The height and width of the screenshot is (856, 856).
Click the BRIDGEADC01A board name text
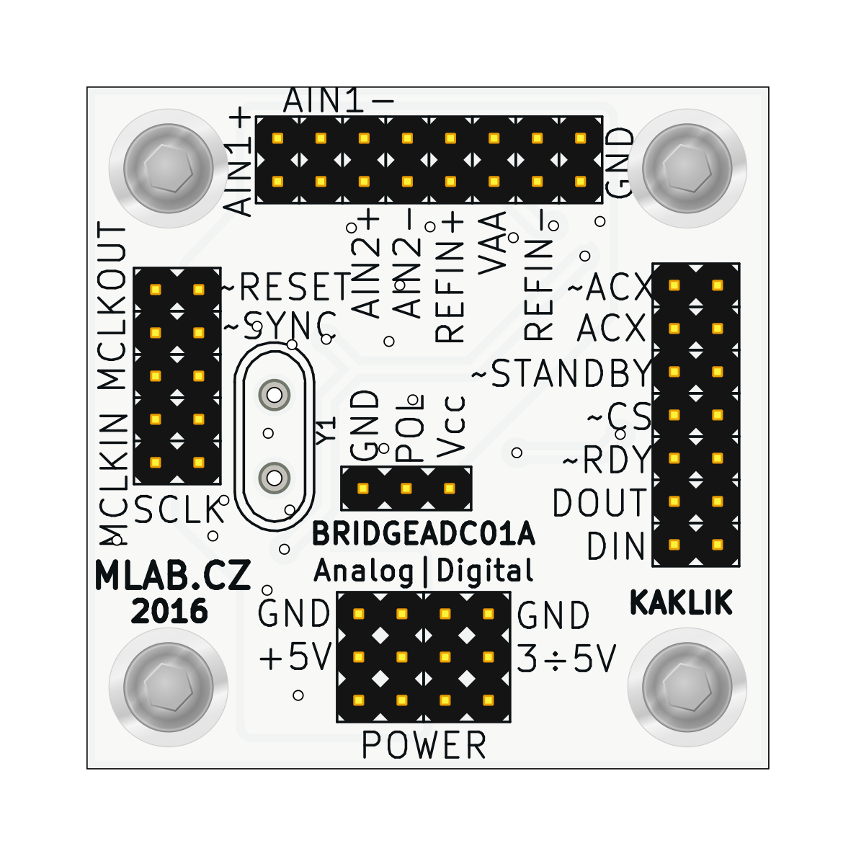tap(423, 535)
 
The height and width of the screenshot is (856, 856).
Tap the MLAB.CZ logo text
tap(173, 576)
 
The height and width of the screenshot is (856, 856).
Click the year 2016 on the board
tap(169, 612)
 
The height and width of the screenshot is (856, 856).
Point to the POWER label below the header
tap(424, 746)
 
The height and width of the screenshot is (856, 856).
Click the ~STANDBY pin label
tap(561, 374)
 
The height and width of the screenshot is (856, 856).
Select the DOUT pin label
tap(599, 503)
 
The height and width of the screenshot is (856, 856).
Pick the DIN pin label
tap(615, 547)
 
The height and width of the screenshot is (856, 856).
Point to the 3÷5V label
tap(567, 658)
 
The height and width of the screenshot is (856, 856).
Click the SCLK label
tap(178, 511)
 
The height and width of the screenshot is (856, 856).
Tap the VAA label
tap(494, 243)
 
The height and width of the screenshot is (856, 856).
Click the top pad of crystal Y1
tap(275, 394)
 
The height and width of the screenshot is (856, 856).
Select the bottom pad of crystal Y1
tap(275, 478)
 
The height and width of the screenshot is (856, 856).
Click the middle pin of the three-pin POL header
tap(406, 489)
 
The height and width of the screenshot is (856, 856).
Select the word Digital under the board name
tap(485, 571)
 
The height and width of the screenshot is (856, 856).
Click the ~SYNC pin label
tap(280, 325)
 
